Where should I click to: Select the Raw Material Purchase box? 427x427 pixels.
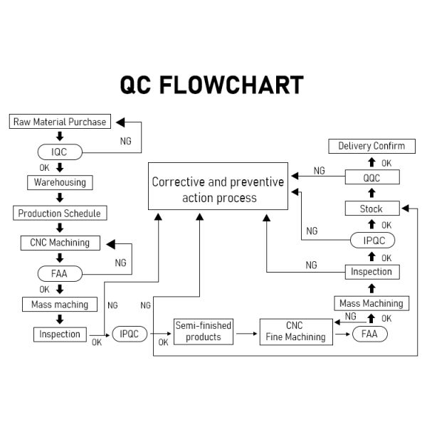coord(60,122)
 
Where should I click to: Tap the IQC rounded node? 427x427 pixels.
coord(59,152)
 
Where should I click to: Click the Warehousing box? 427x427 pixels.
coord(60,182)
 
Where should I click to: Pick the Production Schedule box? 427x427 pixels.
coord(60,213)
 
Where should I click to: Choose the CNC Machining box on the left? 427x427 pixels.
coord(60,243)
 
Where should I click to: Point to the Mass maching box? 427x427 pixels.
coord(60,305)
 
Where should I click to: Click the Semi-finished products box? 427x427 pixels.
coord(204,332)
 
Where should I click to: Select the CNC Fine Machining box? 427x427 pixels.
coord(295,332)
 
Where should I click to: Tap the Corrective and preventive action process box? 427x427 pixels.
coord(218,189)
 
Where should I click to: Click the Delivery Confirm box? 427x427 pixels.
coord(371,146)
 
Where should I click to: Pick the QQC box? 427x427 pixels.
coord(371,177)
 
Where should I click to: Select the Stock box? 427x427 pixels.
coord(371,209)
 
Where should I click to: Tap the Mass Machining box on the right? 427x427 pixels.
coord(371,303)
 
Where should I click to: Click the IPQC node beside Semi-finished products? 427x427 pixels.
coord(129,334)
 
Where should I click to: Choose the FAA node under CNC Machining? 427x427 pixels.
coord(59,273)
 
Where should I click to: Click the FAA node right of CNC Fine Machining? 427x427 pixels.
coord(369,334)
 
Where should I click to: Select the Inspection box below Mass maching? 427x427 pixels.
coord(60,334)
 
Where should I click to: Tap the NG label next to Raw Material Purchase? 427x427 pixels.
coord(125,141)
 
